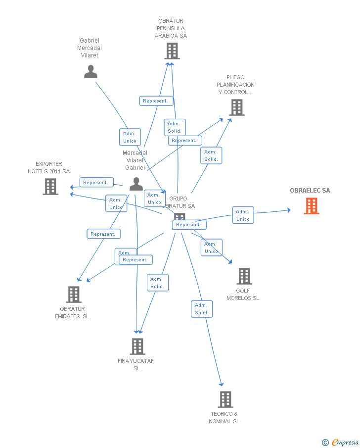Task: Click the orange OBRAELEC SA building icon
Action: coord(311,205)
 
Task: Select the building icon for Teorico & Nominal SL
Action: coord(225,399)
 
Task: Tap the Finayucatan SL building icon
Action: coord(137,346)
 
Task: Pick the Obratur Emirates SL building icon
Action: coord(74,294)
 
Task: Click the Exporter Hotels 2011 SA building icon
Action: coord(50,187)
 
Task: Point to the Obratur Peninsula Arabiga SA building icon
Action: coord(172,50)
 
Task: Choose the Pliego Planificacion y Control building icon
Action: coord(237,107)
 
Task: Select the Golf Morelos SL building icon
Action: coord(244,276)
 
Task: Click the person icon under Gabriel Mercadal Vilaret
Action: coord(90,72)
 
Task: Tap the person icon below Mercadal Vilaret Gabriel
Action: coord(136,184)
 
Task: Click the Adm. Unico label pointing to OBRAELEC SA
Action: coord(243,215)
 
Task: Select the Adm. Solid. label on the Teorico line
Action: coord(202,309)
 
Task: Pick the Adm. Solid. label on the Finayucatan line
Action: coord(157,283)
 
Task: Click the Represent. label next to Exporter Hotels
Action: coord(96,183)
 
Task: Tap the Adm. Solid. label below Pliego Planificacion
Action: coord(211,155)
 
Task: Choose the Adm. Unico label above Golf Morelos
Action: coord(211,248)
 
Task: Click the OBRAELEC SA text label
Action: coord(310,191)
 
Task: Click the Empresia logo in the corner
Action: coord(341,442)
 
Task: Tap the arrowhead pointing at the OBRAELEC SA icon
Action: coord(289,210)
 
